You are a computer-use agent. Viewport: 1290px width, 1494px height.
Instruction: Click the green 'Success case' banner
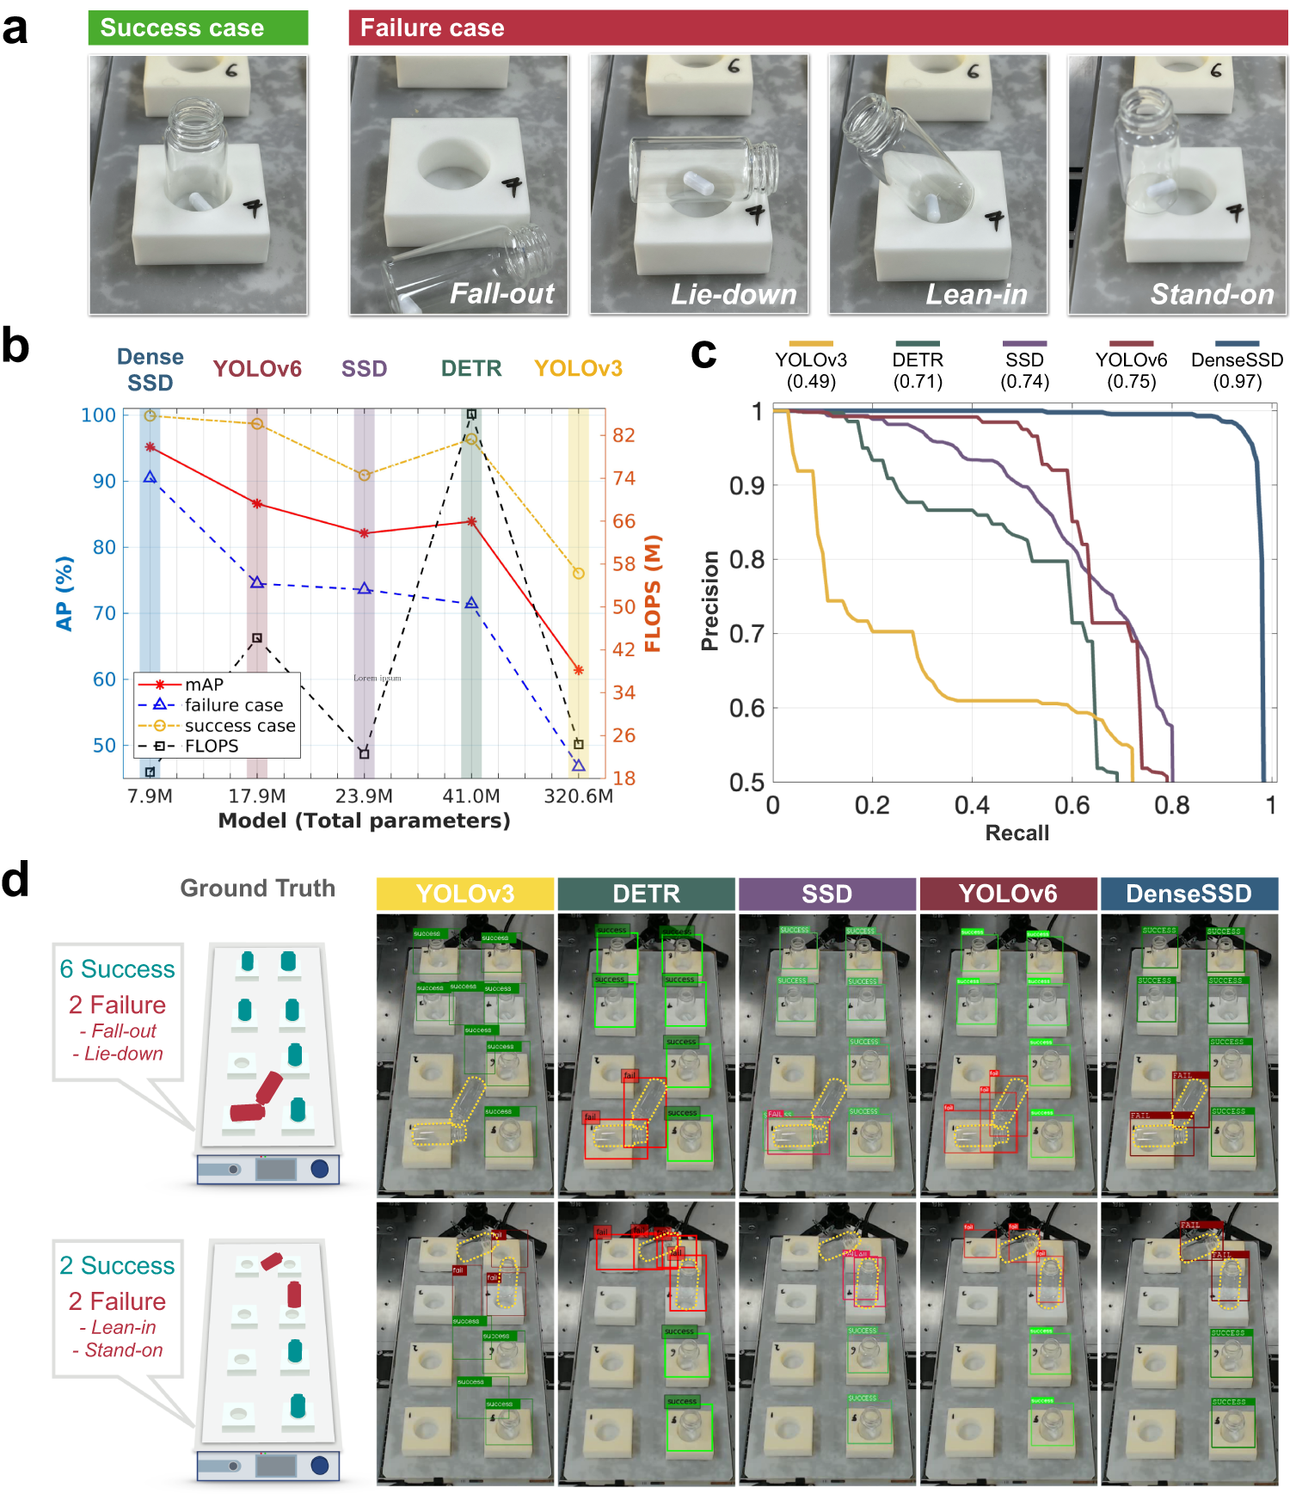click(x=198, y=28)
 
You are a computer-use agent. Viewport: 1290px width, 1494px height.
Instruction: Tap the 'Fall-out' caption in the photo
click(x=502, y=294)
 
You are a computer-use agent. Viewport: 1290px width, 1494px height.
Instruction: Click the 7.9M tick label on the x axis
click(x=150, y=796)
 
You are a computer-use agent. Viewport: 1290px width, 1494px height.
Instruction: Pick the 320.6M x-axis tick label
click(x=578, y=796)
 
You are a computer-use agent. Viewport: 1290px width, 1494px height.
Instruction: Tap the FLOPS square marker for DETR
click(x=471, y=414)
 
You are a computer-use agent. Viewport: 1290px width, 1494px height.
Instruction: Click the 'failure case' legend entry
click(x=233, y=705)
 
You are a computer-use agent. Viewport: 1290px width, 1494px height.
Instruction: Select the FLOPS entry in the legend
click(x=212, y=746)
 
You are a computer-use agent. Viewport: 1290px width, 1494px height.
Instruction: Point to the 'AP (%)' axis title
click(x=64, y=593)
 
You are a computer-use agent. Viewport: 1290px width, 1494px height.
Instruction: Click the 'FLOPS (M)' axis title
click(x=653, y=593)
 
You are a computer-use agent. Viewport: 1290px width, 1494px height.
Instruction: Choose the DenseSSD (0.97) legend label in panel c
click(x=1237, y=371)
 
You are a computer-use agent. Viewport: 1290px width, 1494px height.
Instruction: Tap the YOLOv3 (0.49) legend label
click(x=811, y=371)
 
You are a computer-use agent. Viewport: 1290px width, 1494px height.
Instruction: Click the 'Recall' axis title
click(x=1017, y=833)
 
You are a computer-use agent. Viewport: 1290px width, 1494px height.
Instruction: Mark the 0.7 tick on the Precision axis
click(x=746, y=634)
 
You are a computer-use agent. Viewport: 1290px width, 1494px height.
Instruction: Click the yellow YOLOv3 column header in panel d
click(x=465, y=894)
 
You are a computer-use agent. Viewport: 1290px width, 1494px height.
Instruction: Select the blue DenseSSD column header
click(x=1189, y=894)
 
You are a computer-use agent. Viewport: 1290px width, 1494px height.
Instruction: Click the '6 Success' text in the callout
click(x=118, y=969)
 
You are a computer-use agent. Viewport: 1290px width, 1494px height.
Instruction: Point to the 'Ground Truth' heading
click(x=257, y=888)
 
